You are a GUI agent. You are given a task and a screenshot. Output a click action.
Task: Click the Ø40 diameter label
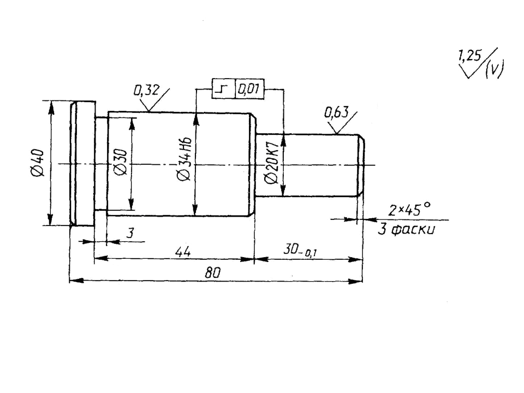pos(37,163)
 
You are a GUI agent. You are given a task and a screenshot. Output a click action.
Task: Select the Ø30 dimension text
pos(121,163)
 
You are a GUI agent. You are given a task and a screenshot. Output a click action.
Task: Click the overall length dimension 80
pos(212,273)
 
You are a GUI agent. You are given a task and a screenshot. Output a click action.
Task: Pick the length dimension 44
pos(183,251)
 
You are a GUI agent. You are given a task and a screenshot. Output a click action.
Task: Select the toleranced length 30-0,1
pos(300,250)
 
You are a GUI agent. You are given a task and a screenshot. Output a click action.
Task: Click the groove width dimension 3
pos(130,233)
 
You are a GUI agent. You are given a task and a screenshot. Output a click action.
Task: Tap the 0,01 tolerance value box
pos(249,89)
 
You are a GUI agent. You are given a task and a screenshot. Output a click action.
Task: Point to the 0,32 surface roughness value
pos(146,90)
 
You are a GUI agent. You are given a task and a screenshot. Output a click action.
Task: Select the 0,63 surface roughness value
pos(336,112)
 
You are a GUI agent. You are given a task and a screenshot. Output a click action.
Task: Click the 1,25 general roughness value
pos(469,56)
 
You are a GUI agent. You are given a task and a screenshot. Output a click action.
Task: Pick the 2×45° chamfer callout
pos(409,210)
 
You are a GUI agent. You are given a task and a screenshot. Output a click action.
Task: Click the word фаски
pos(413,230)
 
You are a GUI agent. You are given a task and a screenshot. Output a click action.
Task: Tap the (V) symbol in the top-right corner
pos(495,69)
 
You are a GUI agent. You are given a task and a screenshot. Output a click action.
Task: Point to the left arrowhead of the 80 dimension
pos(76,281)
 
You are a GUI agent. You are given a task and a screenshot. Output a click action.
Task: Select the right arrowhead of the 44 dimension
pos(247,259)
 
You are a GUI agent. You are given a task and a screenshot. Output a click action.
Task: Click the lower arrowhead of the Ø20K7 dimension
pos(283,189)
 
